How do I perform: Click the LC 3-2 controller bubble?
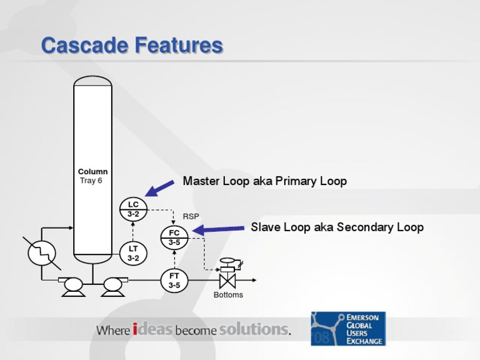(x=133, y=209)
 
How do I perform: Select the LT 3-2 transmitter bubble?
(x=133, y=252)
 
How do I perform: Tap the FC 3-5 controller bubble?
(x=174, y=237)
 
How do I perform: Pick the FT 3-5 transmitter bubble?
(x=174, y=280)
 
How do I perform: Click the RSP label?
(x=191, y=216)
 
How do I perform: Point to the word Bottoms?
(x=228, y=295)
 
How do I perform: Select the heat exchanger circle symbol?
(x=42, y=253)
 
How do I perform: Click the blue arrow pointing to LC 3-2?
(x=159, y=187)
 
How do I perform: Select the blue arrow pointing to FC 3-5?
(x=218, y=230)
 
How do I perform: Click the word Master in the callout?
(x=199, y=181)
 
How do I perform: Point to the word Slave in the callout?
(x=265, y=227)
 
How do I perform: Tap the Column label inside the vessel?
(x=92, y=171)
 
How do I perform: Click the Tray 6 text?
(x=91, y=181)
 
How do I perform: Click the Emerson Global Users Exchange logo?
(x=348, y=329)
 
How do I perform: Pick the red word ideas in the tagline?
(x=152, y=329)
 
